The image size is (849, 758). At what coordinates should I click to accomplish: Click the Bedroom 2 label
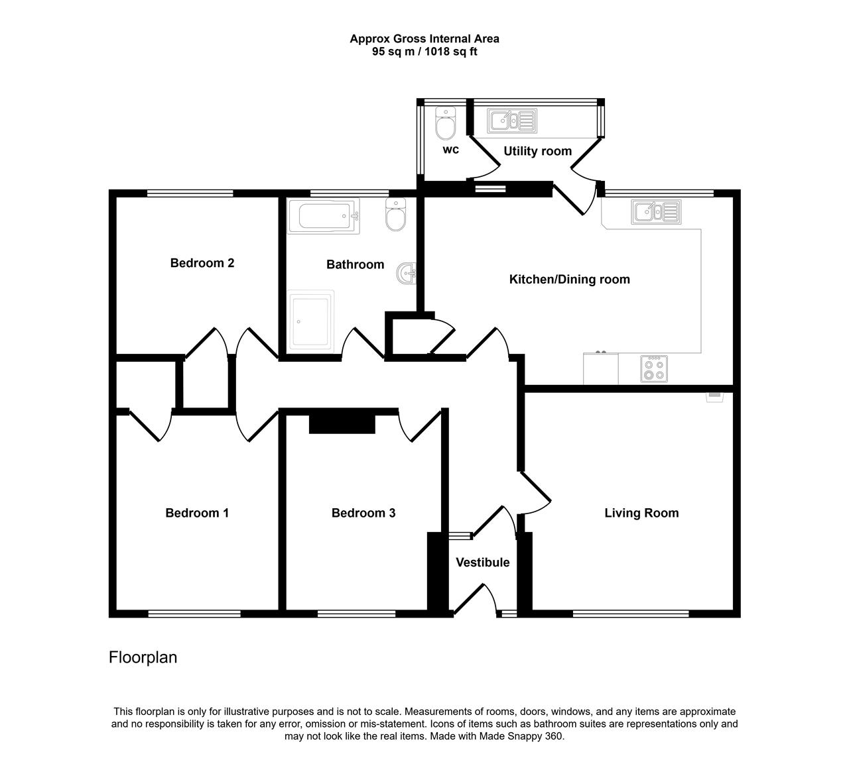[202, 263]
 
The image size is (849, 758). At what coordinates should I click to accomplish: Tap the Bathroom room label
[355, 264]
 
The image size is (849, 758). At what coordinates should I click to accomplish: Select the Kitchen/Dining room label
[569, 279]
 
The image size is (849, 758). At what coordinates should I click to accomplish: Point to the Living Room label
[641, 513]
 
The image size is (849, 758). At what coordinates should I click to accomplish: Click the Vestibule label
[483, 562]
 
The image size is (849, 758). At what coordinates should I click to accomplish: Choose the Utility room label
[538, 150]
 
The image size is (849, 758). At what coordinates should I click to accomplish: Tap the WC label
[450, 150]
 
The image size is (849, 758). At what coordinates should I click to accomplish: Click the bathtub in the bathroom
[323, 216]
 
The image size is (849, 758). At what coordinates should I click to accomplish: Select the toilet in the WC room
[445, 123]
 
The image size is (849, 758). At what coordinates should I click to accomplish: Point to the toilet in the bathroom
[395, 215]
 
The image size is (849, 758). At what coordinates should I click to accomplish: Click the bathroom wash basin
[407, 273]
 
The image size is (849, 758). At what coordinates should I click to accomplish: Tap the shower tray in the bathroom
[310, 321]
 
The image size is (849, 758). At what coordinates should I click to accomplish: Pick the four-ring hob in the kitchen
[654, 369]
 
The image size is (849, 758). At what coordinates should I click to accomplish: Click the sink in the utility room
[511, 121]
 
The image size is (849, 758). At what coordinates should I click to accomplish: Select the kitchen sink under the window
[656, 212]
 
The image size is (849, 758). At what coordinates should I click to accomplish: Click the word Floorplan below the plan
[143, 657]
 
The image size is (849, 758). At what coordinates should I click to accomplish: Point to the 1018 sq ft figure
[450, 52]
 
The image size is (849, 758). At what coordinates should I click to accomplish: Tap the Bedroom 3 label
[363, 513]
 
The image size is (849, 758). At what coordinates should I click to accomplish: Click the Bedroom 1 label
[197, 513]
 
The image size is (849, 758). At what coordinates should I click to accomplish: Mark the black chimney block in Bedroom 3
[342, 424]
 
